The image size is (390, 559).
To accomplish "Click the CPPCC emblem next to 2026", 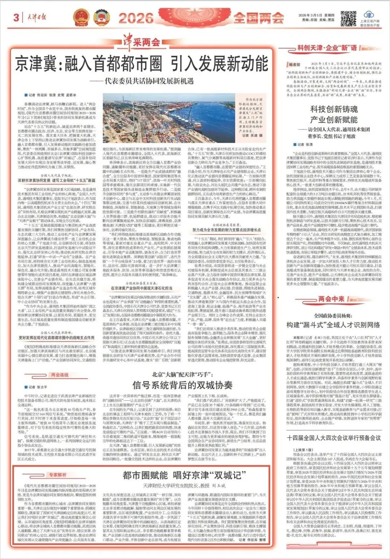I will coord(102,18).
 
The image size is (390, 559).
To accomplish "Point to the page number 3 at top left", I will coord(16,17).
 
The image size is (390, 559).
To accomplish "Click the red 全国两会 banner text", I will coord(258,17).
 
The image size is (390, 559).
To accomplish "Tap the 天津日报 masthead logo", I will coord(36,17).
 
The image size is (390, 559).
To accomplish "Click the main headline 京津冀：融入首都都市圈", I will coord(142,64).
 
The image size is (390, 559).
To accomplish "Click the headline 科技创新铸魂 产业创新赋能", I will coord(334,114).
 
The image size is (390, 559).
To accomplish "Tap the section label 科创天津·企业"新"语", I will coord(327,48).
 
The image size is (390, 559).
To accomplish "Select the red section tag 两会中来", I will coord(331,299).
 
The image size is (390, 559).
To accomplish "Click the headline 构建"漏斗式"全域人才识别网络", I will coord(333,324).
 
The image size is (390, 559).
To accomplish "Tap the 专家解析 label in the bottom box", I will coord(58,475).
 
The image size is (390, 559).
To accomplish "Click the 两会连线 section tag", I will coord(60,375).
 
